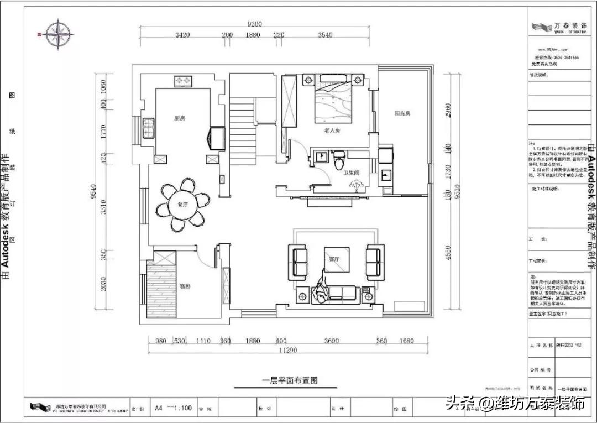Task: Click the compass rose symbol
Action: coord(60,34)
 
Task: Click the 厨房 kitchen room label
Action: coord(179,118)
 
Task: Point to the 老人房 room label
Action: coord(332,130)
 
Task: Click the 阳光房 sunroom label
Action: coord(402,113)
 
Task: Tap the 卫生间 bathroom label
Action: coord(352,173)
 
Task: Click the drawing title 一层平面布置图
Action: coord(291,380)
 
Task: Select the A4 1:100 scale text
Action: coord(174,408)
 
